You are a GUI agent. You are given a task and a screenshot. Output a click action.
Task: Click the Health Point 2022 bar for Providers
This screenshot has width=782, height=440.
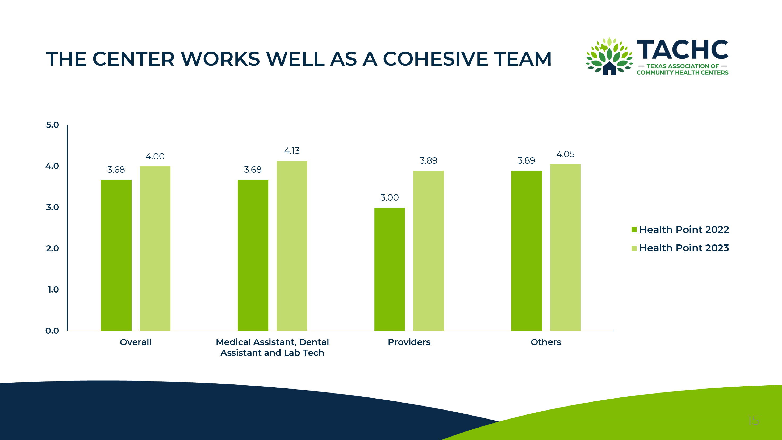[390, 269]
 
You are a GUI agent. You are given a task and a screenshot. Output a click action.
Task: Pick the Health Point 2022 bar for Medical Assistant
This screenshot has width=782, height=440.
[253, 255]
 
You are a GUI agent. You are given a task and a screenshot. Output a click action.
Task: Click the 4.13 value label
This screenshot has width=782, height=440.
[292, 151]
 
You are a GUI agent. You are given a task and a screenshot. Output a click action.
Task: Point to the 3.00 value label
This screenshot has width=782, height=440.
[390, 197]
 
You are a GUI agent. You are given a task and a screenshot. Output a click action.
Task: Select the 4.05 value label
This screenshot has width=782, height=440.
[565, 154]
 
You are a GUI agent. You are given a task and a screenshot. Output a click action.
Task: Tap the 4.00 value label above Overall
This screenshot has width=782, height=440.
[155, 156]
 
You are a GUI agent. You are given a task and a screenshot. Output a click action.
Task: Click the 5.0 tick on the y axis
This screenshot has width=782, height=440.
[52, 125]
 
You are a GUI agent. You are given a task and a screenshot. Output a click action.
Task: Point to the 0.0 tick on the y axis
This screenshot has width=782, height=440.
[52, 331]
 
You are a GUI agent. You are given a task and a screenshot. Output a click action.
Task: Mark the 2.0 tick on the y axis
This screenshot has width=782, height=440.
[52, 248]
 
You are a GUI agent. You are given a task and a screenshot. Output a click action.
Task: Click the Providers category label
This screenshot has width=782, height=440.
[409, 342]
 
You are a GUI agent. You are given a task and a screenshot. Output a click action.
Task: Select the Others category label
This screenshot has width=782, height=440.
[546, 342]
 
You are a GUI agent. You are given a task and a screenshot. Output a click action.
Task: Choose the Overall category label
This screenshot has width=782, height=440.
[135, 342]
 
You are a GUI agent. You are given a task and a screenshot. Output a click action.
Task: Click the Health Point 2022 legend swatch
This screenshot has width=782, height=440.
[634, 230]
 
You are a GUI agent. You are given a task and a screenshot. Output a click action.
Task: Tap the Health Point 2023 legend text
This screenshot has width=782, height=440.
[684, 248]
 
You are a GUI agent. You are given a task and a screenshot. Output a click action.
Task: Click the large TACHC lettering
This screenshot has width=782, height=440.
[682, 50]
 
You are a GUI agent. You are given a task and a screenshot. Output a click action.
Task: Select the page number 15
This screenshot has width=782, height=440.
[753, 421]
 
